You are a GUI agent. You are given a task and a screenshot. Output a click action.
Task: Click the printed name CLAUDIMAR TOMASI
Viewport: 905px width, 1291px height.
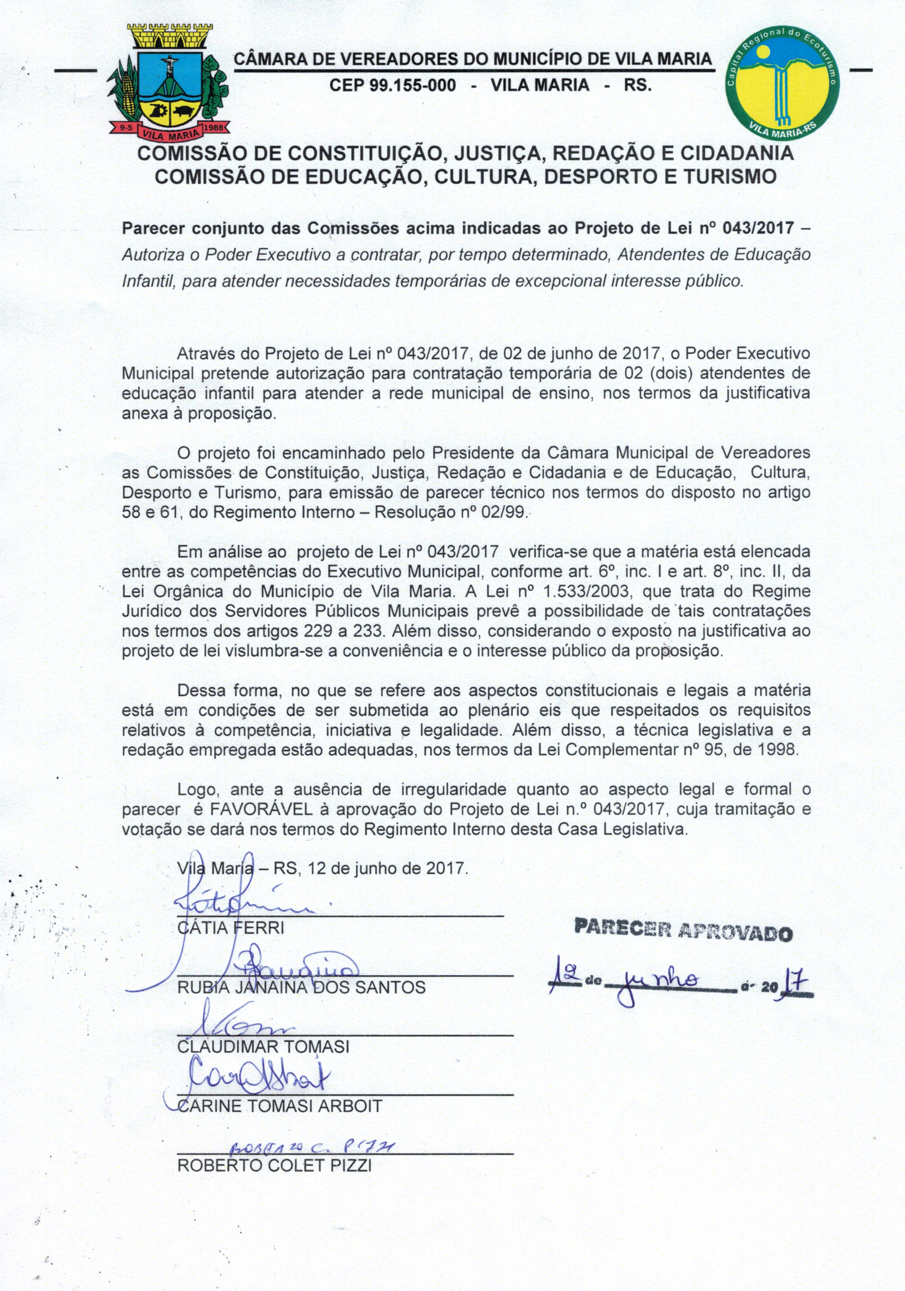pos(263,1046)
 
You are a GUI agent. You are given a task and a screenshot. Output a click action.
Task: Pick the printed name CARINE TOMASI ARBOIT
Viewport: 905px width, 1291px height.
pos(280,1106)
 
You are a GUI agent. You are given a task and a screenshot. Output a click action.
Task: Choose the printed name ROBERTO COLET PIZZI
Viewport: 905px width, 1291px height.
pos(275,1165)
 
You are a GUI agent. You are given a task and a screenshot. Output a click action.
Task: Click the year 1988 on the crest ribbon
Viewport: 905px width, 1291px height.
pos(213,128)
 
